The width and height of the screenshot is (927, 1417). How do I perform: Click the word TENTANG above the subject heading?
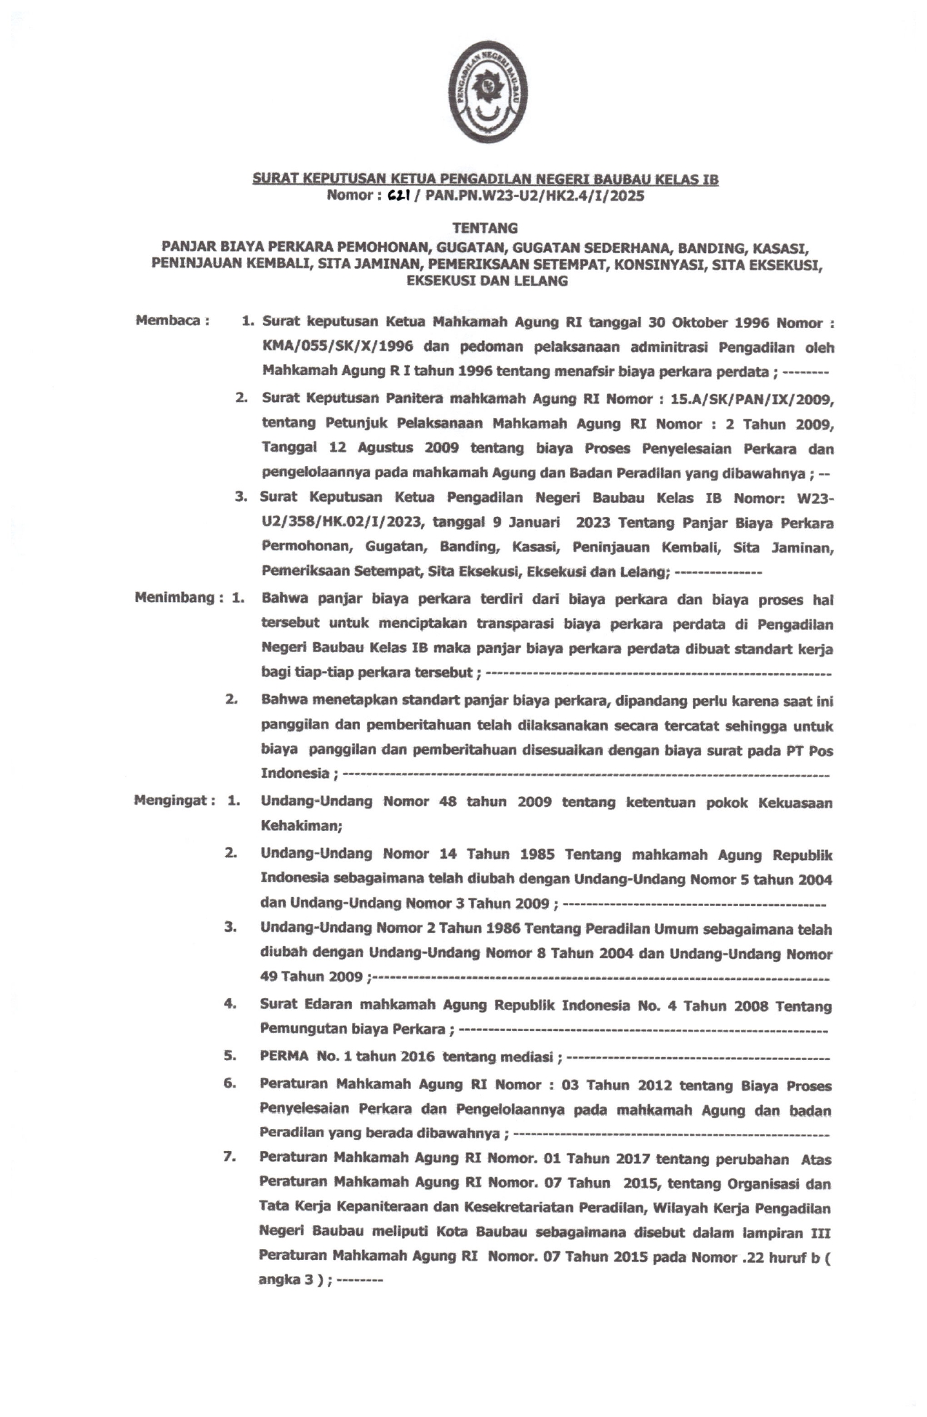[485, 228]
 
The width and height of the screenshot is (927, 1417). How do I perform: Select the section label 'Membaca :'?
[172, 321]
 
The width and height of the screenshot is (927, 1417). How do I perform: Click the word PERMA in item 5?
[284, 1056]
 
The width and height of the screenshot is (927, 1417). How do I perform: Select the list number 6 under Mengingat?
[230, 1083]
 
